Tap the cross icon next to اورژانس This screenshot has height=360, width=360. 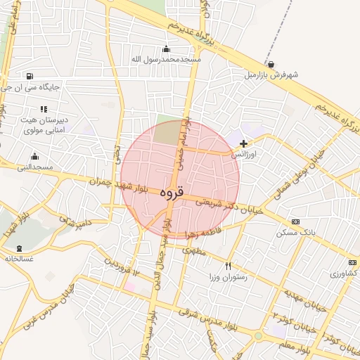243,143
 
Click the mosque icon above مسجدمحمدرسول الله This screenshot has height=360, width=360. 166,49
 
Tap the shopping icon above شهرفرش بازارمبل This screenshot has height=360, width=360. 271,64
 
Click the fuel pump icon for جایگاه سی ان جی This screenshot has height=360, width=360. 29,77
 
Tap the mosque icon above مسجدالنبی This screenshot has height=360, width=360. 34,157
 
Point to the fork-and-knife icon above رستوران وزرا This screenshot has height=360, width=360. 228,266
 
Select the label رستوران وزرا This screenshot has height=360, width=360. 224,276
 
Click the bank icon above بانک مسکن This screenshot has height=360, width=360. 295,222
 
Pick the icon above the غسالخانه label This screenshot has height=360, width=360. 18,248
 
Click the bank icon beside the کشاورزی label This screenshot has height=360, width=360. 352,262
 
